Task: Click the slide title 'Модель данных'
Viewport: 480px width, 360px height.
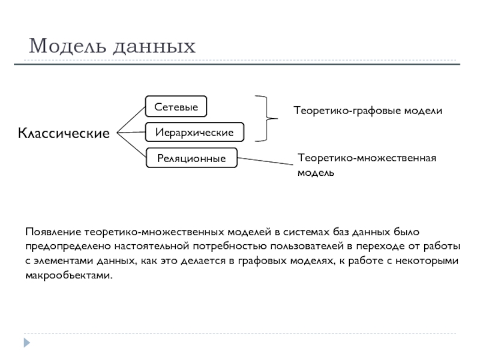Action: tap(112, 45)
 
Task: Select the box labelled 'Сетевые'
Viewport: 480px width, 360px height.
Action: tap(176, 106)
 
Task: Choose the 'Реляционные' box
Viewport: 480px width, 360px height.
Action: tap(191, 158)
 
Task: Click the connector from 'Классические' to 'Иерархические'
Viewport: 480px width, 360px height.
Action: tap(130, 131)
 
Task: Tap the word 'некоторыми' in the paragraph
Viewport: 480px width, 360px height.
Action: tap(429, 261)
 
